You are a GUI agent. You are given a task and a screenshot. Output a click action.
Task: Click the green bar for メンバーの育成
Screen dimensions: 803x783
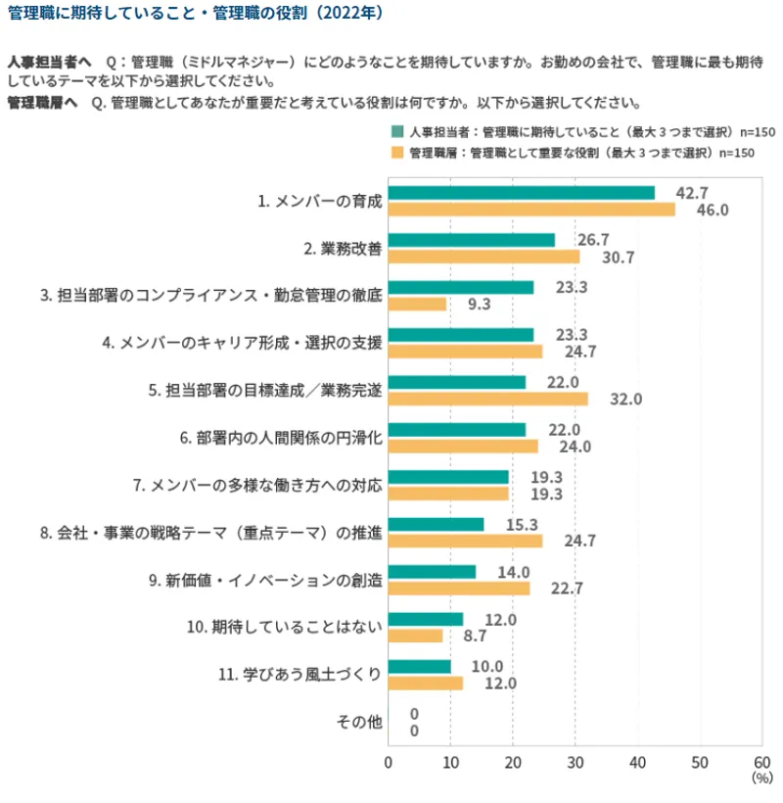click(522, 193)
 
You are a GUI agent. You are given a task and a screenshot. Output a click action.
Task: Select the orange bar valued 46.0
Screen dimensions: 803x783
click(531, 210)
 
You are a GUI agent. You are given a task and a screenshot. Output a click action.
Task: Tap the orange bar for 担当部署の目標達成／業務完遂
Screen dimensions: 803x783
click(488, 399)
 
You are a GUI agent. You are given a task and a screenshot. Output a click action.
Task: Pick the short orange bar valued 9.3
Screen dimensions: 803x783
click(418, 304)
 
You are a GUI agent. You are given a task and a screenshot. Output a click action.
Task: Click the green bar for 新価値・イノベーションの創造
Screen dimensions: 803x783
click(433, 572)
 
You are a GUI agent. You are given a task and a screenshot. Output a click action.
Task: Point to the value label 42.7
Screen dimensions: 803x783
click(692, 192)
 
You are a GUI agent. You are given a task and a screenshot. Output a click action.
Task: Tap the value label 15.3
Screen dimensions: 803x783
click(519, 524)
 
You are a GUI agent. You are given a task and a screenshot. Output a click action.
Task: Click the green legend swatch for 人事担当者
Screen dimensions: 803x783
click(397, 131)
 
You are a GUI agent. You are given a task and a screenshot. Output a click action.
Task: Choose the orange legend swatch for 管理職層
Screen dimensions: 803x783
click(397, 153)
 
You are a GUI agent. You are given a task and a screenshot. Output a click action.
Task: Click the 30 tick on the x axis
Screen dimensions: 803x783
click(576, 762)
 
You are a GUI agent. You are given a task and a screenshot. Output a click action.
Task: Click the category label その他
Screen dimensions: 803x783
click(358, 723)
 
